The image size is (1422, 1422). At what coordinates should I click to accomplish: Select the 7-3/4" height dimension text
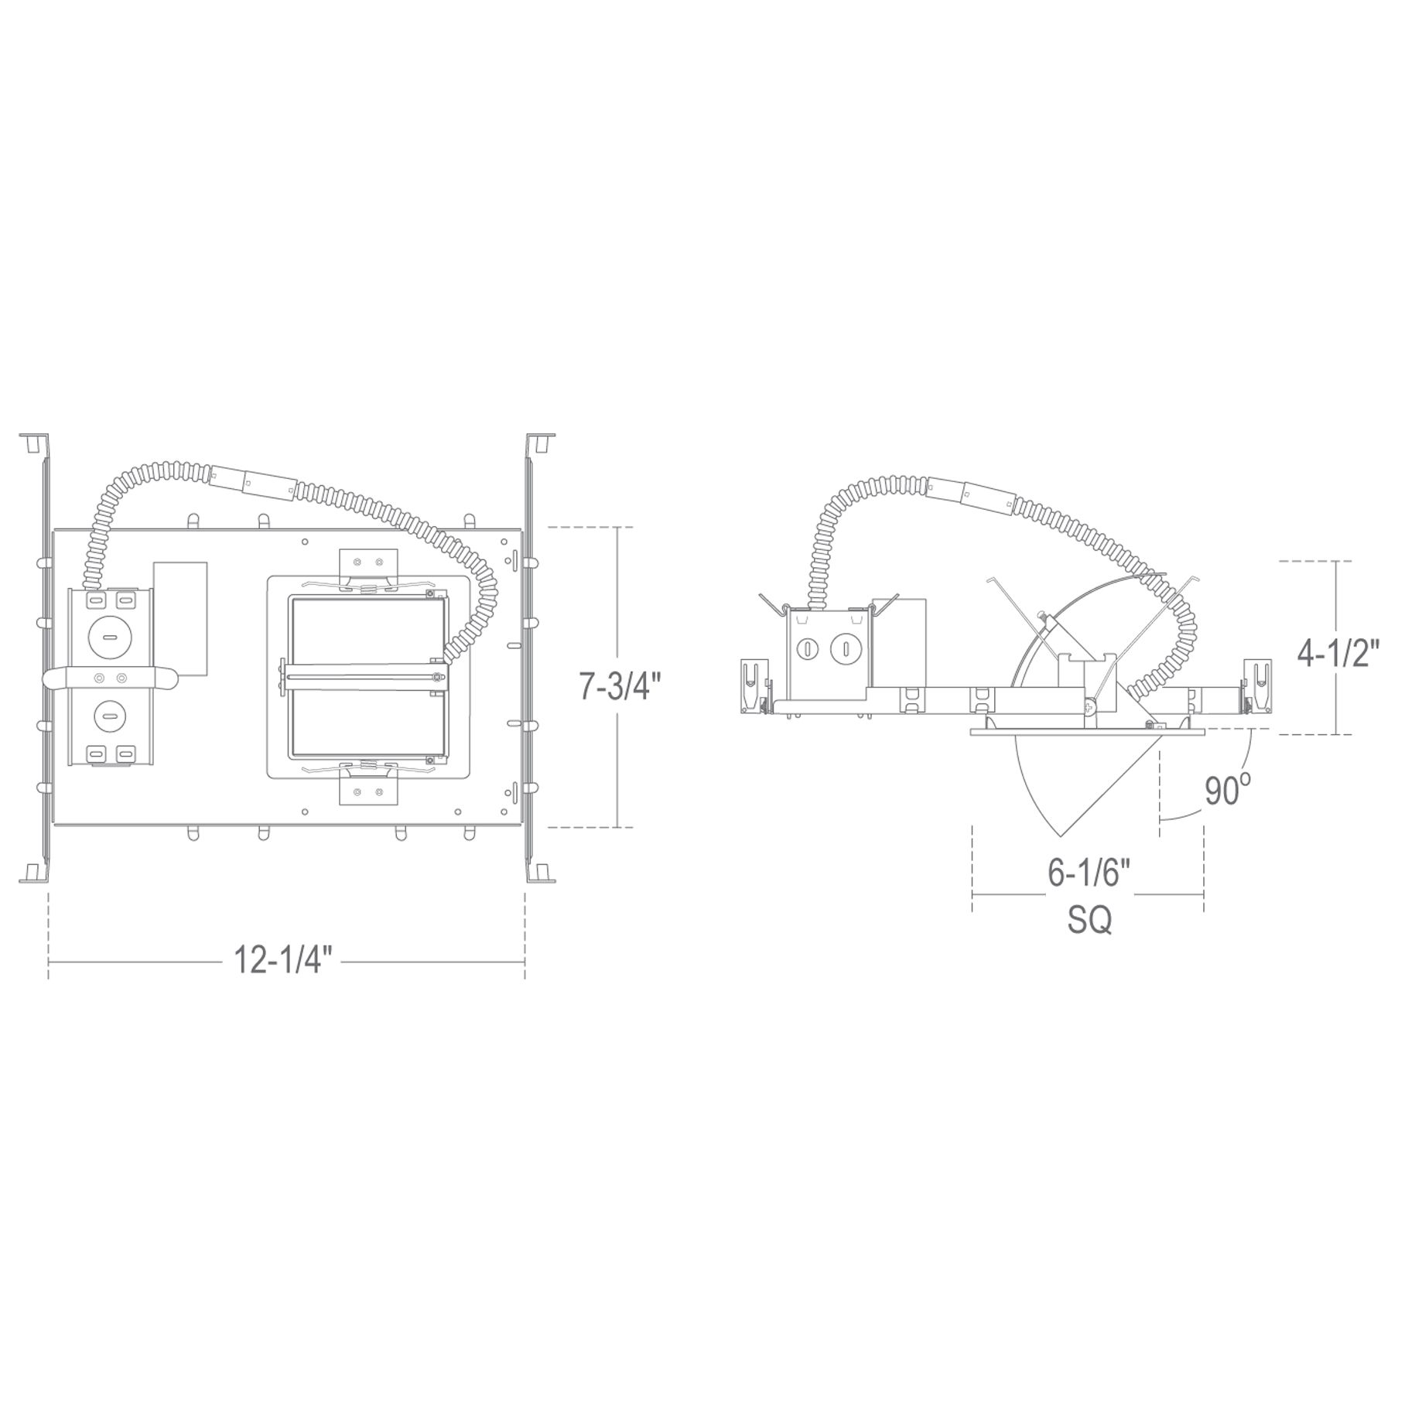[x=621, y=685]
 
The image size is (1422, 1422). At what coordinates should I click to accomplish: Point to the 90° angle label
[x=1227, y=791]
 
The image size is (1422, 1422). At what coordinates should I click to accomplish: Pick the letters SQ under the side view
[x=1089, y=920]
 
